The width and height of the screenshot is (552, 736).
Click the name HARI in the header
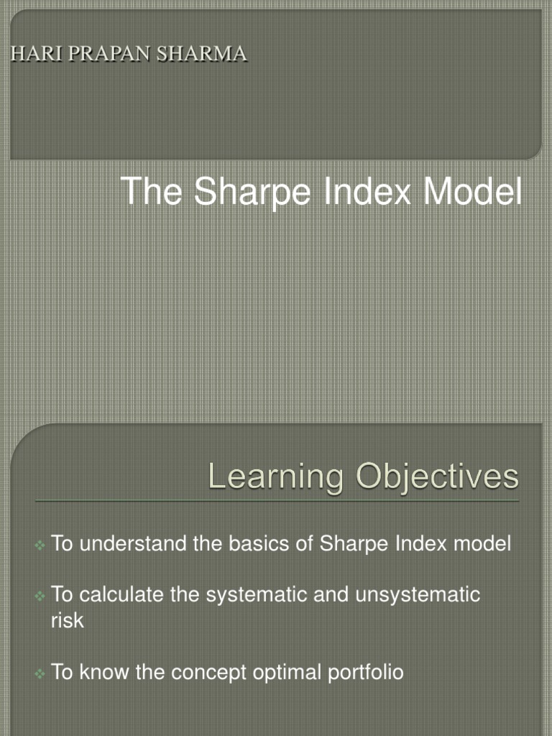tap(30, 54)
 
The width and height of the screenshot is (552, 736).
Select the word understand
tap(134, 544)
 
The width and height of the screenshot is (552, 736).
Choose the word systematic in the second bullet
tap(264, 595)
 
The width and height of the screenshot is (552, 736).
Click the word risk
tap(67, 620)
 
